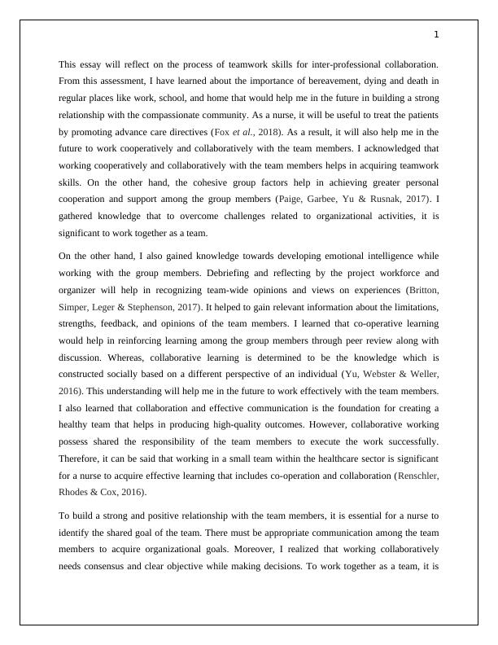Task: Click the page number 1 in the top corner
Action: click(437, 34)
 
